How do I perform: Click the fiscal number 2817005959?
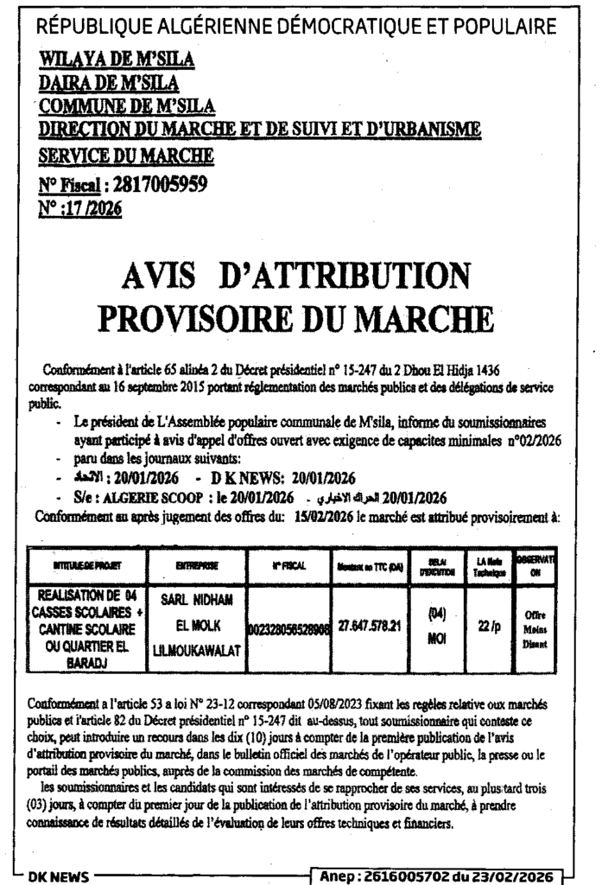(156, 182)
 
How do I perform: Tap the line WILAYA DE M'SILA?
(117, 60)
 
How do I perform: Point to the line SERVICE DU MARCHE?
(126, 156)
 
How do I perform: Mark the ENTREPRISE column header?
(198, 566)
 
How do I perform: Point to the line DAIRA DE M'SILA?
(109, 83)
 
